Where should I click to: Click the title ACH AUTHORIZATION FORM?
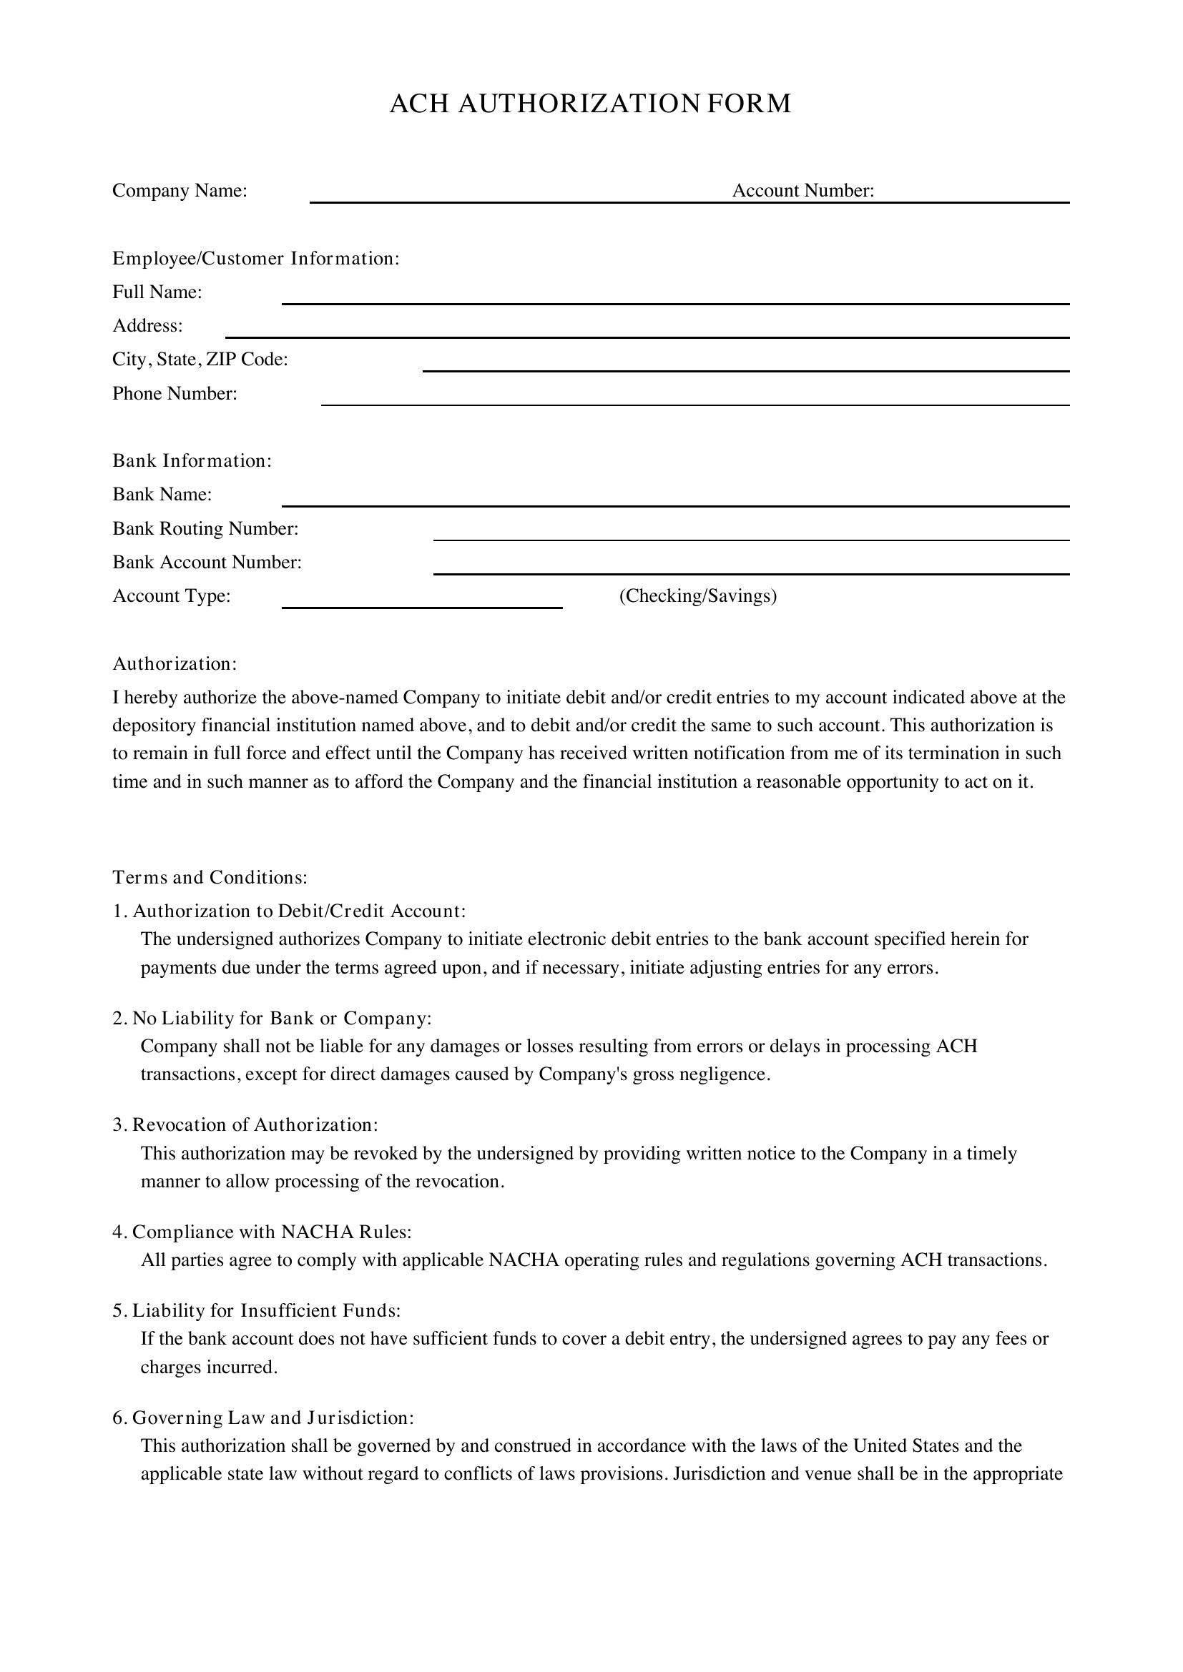[x=590, y=104]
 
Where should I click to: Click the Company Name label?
[x=180, y=191]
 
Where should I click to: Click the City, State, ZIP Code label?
[x=200, y=360]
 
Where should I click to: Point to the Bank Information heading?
[x=192, y=461]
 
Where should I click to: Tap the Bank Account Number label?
[x=207, y=562]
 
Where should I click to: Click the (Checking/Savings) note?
[x=698, y=596]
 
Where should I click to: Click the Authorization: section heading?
[x=175, y=664]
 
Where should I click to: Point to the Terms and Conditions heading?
[x=210, y=878]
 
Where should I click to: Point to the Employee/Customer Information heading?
[x=255, y=259]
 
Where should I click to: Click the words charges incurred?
[x=208, y=1367]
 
